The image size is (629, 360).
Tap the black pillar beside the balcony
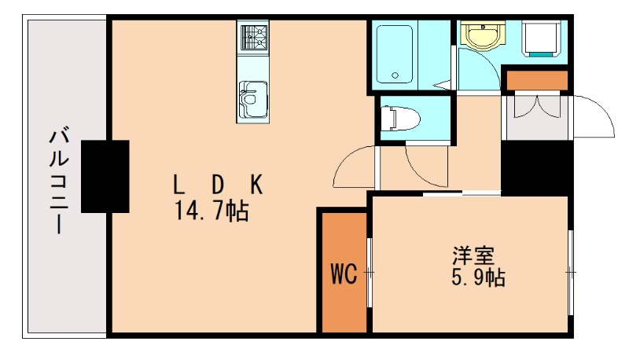(x=105, y=176)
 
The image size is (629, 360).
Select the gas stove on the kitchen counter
(x=253, y=37)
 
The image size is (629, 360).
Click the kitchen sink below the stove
(x=253, y=99)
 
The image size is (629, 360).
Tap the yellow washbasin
(x=480, y=35)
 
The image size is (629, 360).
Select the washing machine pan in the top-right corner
(x=542, y=39)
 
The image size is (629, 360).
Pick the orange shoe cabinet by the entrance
(x=536, y=80)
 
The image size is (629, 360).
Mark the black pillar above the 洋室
(x=535, y=167)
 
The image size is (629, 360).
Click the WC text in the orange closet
(x=343, y=274)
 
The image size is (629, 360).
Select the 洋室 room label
(x=473, y=256)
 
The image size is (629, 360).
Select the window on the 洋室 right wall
(x=571, y=271)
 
